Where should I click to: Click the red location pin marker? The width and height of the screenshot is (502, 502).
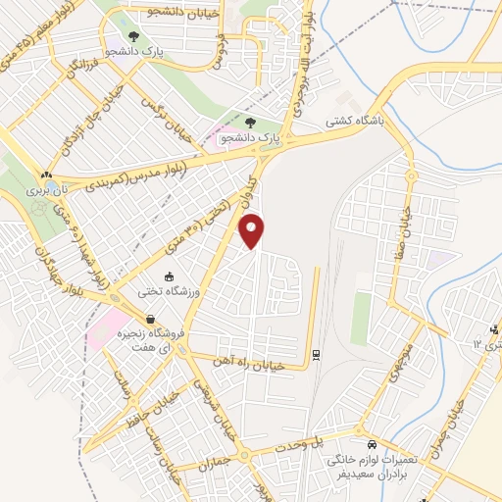[x=253, y=229]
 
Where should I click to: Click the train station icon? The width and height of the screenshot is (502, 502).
[x=316, y=354]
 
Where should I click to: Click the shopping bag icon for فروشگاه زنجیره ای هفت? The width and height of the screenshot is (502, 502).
[x=150, y=318]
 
